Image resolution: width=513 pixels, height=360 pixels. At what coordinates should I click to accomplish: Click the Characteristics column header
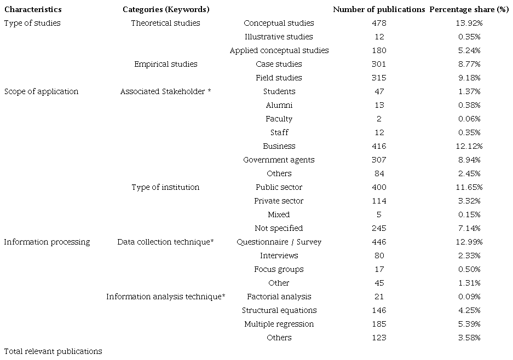33,9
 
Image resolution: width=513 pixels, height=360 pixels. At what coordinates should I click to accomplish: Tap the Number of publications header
379,9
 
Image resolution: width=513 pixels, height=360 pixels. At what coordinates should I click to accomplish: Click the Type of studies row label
32,23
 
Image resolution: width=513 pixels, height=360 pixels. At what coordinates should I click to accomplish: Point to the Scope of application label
41,91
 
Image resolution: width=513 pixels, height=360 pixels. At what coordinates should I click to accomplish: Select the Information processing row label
47,242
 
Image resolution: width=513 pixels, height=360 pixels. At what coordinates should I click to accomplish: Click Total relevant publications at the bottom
53,351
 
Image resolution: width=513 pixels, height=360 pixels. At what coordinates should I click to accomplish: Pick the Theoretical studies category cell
165,23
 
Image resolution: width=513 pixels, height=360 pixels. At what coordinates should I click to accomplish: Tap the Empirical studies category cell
165,64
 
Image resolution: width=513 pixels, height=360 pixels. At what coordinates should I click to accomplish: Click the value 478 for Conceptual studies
379,23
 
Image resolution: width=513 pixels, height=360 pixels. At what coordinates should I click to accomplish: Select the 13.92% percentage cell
470,23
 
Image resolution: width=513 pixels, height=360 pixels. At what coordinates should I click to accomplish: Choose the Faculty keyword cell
279,119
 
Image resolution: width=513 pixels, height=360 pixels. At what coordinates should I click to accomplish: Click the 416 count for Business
379,146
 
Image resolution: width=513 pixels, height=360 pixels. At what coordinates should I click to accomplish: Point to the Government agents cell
279,160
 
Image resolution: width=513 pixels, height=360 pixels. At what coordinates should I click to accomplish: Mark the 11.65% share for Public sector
470,187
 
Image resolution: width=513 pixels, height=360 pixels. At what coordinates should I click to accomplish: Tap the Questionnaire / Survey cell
279,242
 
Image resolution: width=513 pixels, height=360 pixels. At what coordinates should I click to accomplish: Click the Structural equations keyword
279,310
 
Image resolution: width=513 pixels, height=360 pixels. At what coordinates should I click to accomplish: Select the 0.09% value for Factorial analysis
470,297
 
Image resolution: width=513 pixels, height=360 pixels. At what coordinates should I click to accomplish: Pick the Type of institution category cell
165,187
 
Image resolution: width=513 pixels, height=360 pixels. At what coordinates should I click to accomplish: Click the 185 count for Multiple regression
379,324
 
